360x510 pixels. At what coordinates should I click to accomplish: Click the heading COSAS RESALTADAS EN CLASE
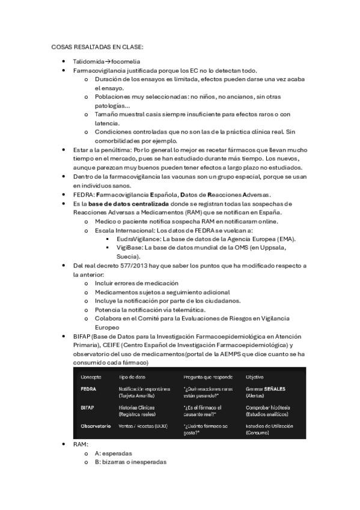coord(97,46)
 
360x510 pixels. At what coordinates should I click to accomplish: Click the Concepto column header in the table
coord(91,376)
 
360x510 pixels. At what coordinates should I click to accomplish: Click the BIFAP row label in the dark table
coord(87,407)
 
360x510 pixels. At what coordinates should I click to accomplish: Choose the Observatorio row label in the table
coord(96,426)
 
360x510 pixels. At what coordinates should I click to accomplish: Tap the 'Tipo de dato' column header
coord(132,376)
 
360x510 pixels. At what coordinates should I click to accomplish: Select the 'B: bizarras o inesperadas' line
coord(130,462)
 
